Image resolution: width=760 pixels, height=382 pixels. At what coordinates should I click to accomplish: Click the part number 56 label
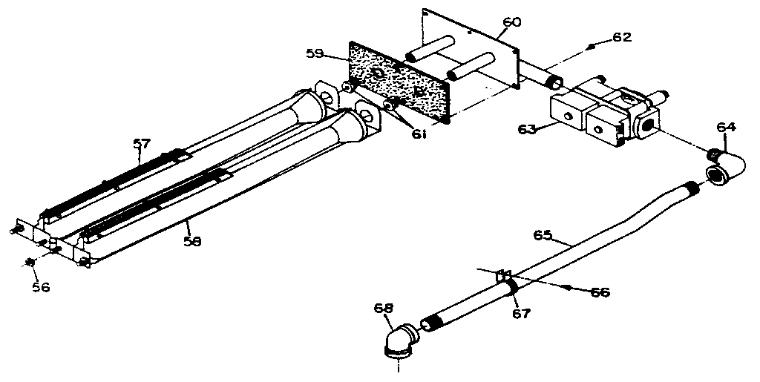(41, 286)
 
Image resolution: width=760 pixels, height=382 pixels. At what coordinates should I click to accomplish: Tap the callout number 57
(142, 145)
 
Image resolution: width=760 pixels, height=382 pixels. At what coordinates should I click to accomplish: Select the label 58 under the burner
(193, 240)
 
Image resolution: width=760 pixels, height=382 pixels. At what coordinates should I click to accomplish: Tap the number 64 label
(727, 128)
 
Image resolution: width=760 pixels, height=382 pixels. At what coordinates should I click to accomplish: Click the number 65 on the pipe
(543, 235)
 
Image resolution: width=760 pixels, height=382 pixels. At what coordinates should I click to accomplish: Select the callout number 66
(599, 292)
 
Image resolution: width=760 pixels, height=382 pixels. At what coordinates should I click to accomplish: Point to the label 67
(521, 313)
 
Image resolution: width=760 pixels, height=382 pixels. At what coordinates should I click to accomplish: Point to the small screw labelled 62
(591, 47)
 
